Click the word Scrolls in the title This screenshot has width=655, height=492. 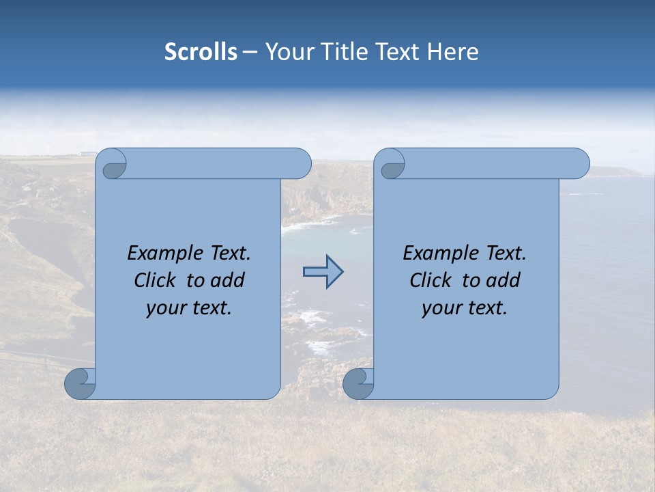pyautogui.click(x=201, y=52)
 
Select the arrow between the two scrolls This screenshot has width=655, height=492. pyautogui.click(x=323, y=272)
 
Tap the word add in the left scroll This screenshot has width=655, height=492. pyautogui.click(x=229, y=281)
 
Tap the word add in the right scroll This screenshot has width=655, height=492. pyautogui.click(x=504, y=281)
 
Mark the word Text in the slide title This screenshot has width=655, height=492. pyautogui.click(x=400, y=52)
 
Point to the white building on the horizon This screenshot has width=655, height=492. pyautogui.click(x=87, y=153)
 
